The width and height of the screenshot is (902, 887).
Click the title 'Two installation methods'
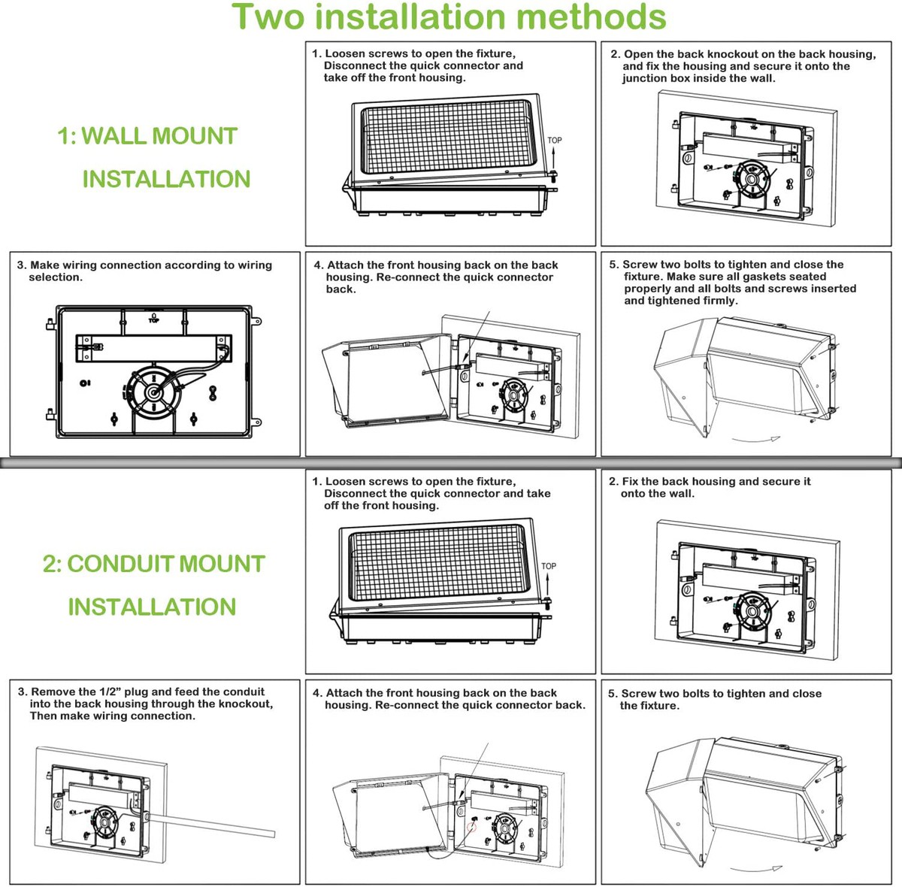[x=449, y=18]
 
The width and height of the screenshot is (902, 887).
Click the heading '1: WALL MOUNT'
[x=147, y=136]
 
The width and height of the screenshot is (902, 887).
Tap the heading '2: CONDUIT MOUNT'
[x=154, y=564]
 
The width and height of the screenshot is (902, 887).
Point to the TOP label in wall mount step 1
[x=555, y=141]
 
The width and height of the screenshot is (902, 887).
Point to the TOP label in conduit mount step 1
[x=549, y=566]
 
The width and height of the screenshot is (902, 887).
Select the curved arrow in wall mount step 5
[x=757, y=438]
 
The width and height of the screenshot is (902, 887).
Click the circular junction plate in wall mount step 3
[x=154, y=391]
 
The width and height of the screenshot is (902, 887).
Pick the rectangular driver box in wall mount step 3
[x=153, y=347]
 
